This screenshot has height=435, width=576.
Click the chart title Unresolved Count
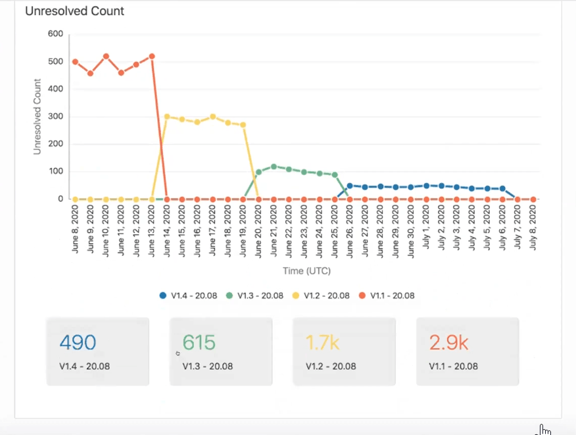74,11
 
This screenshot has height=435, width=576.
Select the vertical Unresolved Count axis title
37,116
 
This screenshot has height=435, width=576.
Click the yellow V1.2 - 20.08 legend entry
322,295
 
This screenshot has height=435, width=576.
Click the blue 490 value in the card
78,342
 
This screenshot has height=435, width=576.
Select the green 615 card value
199,342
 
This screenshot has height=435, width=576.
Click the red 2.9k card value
448,342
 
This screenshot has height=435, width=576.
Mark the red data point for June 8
76,62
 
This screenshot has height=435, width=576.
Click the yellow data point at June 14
167,116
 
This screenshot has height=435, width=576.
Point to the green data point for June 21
274,166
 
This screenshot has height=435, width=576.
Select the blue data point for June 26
350,186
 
